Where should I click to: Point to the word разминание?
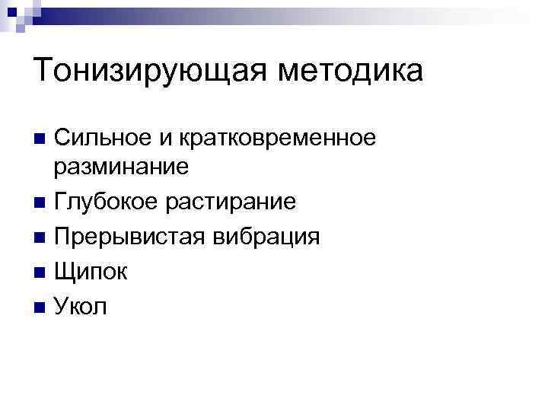click(x=121, y=168)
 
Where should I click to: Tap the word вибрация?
click(x=261, y=237)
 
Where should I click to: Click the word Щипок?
click(x=89, y=272)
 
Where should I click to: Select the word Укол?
click(x=81, y=306)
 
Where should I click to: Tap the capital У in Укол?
click(x=62, y=306)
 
